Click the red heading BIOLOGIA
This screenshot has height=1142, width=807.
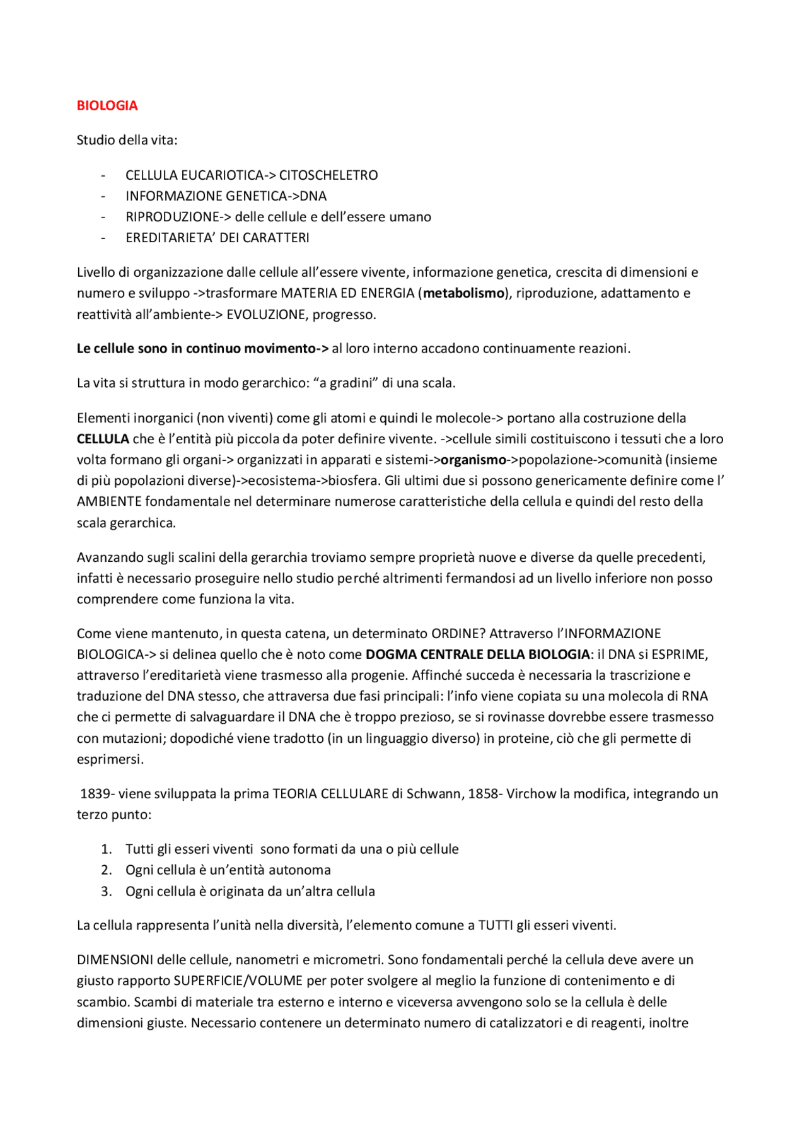pyautogui.click(x=107, y=105)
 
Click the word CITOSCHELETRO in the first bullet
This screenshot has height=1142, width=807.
pyautogui.click(x=328, y=175)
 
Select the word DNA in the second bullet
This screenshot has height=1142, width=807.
pyautogui.click(x=313, y=196)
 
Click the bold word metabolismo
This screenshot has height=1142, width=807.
pyautogui.click(x=463, y=293)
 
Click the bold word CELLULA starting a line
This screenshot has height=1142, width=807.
pyautogui.click(x=103, y=439)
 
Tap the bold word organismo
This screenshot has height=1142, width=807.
pyautogui.click(x=473, y=460)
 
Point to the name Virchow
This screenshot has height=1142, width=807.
pyautogui.click(x=529, y=794)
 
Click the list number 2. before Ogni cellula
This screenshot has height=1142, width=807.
pyautogui.click(x=107, y=870)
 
